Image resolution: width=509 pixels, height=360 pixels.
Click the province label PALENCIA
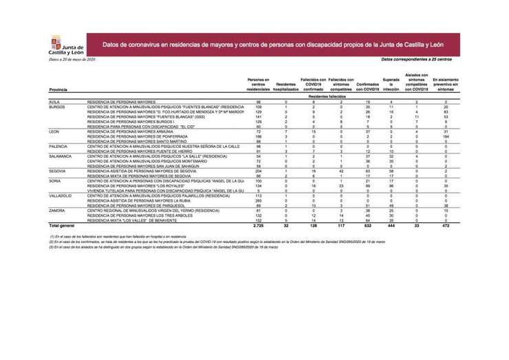[58, 146]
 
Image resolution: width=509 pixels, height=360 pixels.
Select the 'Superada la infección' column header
[391, 85]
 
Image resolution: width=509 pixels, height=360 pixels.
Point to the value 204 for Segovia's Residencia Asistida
[259, 171]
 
